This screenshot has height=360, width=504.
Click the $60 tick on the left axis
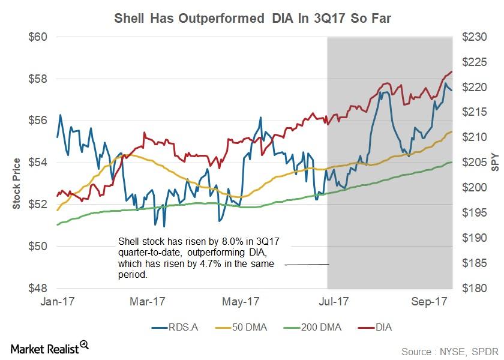[38, 37]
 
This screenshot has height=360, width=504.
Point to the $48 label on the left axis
[38, 289]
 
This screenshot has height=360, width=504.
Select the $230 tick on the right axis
[475, 37]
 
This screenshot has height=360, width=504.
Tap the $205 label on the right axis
[475, 163]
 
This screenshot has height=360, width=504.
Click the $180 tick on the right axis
[475, 289]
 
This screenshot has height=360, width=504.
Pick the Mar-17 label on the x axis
[148, 301]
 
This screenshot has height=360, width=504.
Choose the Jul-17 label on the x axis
[334, 301]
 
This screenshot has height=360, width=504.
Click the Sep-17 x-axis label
[429, 301]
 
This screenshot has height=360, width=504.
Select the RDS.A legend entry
[175, 328]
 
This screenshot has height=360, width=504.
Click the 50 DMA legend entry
[241, 328]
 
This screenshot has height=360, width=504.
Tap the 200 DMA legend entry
[313, 328]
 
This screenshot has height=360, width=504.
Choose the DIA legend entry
[375, 328]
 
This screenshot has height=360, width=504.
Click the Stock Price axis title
[16, 184]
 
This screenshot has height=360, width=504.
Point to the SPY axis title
[496, 163]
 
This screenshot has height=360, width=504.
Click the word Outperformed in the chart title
[221, 19]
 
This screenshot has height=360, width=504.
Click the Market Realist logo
[50, 348]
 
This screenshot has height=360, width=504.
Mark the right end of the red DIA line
[452, 71]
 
